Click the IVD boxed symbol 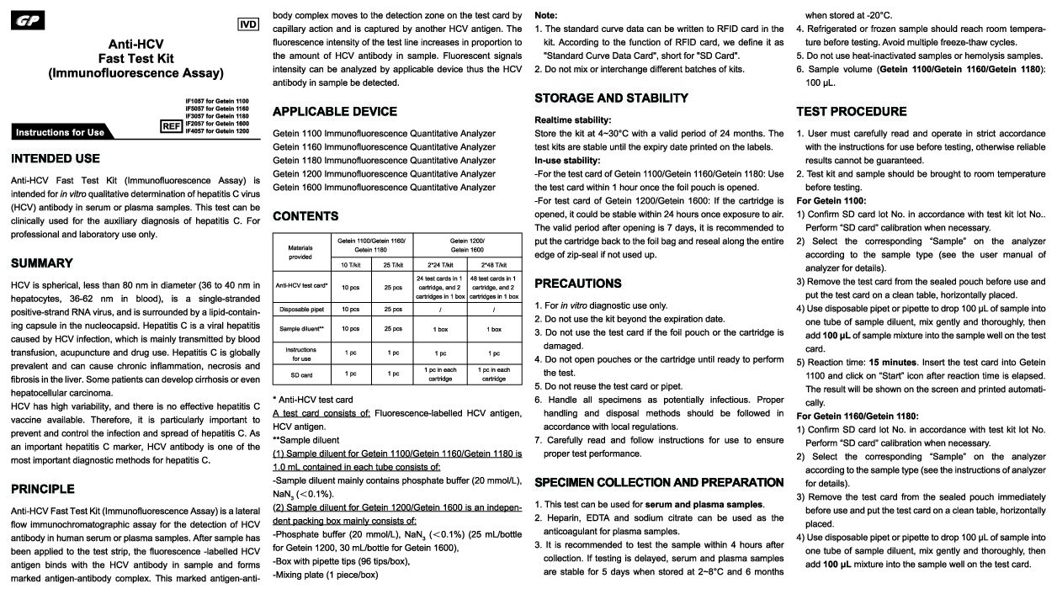point(249,24)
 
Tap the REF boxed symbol point(171,126)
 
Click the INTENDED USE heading point(56,158)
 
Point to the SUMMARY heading point(42,263)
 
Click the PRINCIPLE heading point(43,489)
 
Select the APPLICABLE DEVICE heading point(335,112)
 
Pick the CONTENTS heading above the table point(305,216)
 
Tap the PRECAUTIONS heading point(578,284)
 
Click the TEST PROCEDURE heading point(852,112)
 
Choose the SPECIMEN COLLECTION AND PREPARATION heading point(659,483)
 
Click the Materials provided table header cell point(300,252)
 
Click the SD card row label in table point(300,374)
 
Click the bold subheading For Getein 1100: point(831,201)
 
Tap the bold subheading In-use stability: point(567,161)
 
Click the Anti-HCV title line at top point(135,44)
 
